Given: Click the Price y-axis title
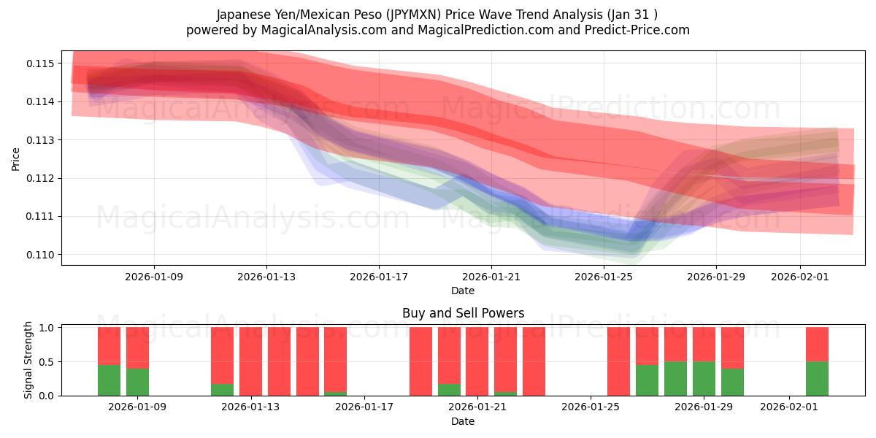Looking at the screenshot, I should coord(15,158).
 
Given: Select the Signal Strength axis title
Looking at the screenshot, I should coord(28,361).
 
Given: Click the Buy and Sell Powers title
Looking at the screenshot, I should coord(463,313).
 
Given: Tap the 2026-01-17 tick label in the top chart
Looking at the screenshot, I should coord(378,277).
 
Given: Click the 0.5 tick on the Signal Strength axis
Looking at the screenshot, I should coord(46,362).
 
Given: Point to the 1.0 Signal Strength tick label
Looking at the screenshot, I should coord(46,328).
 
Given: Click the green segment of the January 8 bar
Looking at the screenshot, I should coord(109,380).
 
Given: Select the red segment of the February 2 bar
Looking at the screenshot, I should coord(817,344).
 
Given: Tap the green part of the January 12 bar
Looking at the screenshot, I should coord(223,390).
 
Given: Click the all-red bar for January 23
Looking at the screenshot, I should coord(534,361).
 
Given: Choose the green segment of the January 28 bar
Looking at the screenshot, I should coord(675,378).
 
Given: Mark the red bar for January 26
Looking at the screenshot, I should coord(618,361).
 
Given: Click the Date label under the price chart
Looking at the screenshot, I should coord(463,291).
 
